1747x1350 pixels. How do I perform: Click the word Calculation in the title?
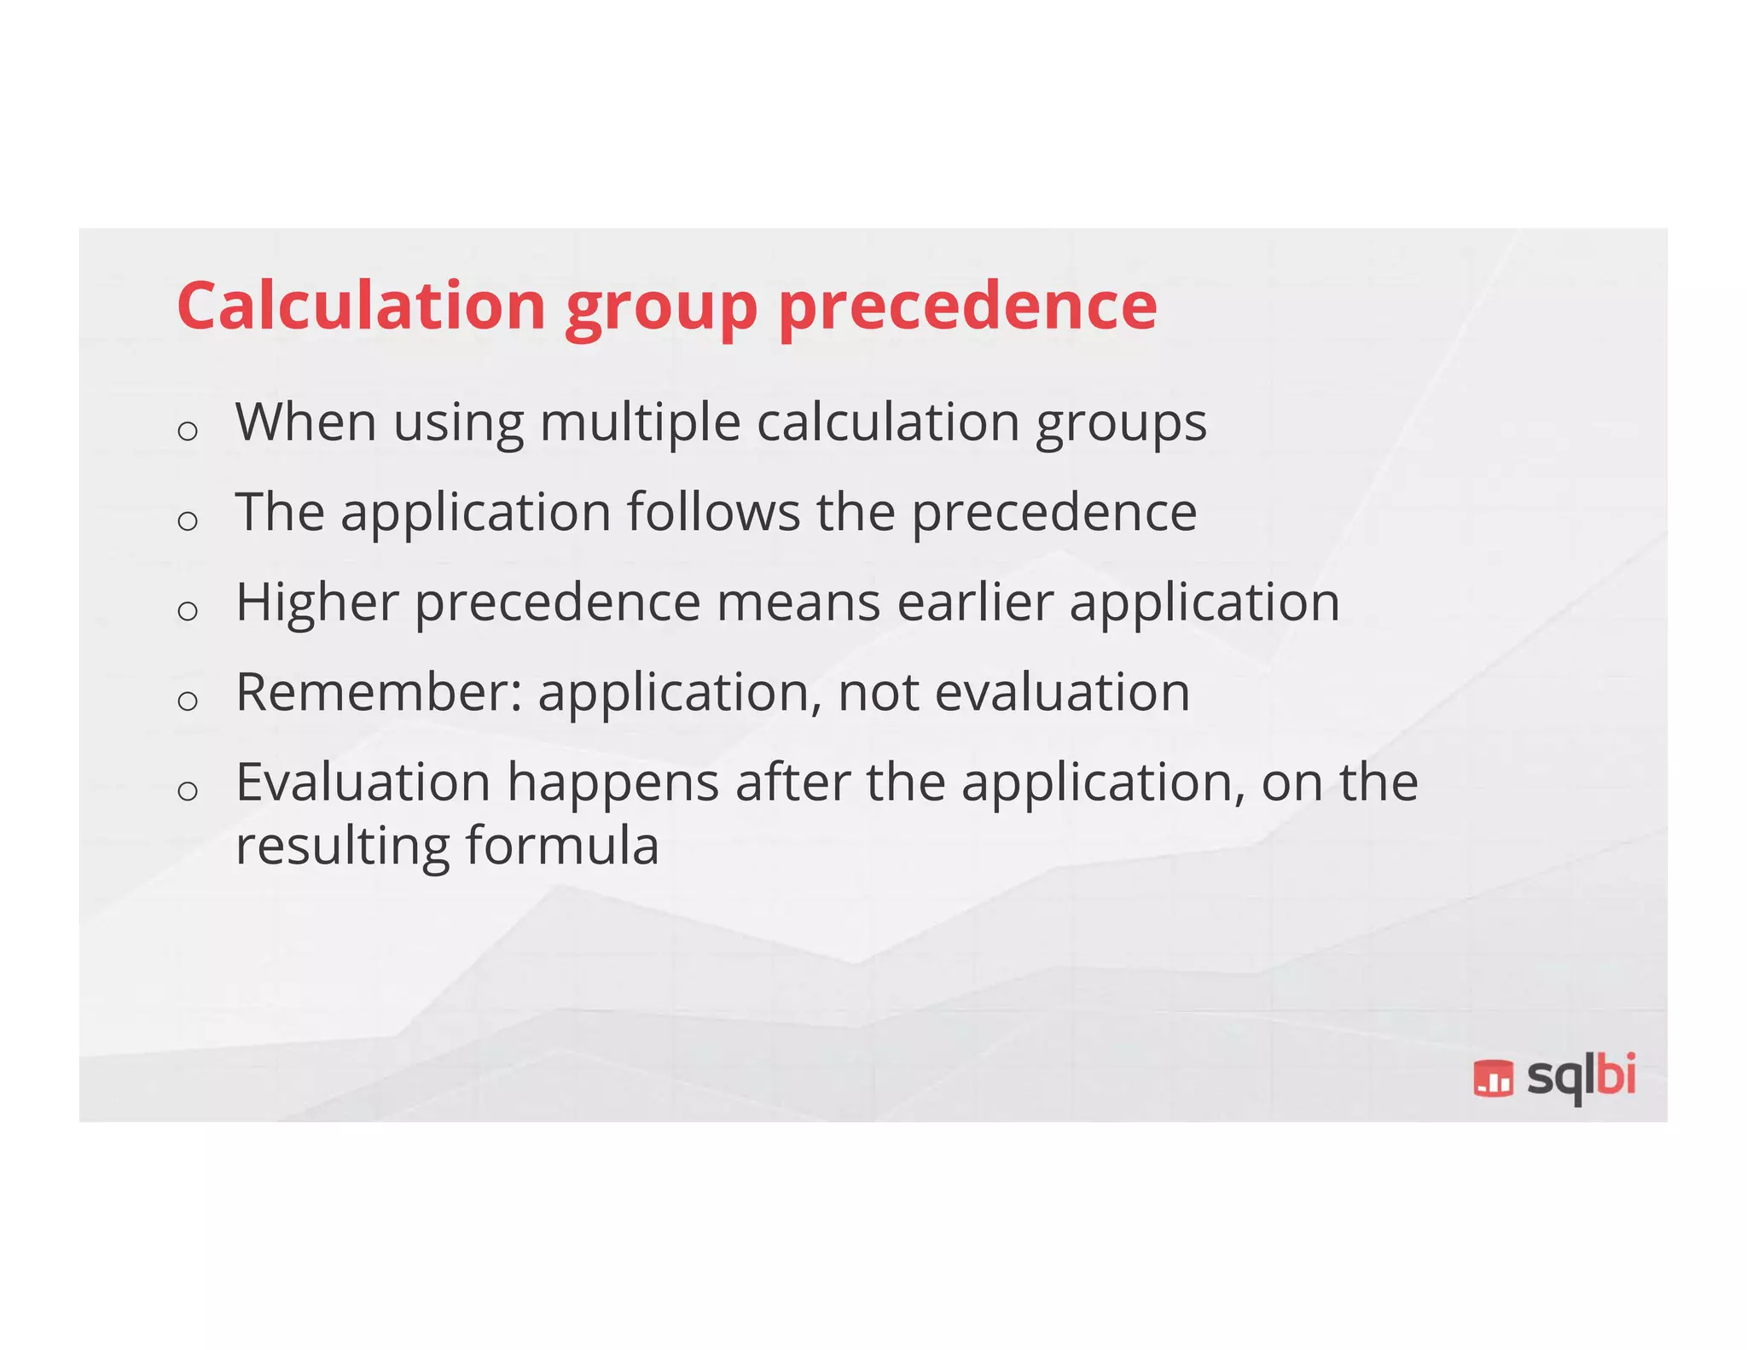(x=361, y=305)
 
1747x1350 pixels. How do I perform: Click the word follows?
(x=713, y=512)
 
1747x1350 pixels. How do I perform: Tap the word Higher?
(x=317, y=602)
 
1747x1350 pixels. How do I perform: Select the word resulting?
(x=343, y=847)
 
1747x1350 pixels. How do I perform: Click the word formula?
(x=562, y=846)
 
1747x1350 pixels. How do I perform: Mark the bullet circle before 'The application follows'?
(x=188, y=520)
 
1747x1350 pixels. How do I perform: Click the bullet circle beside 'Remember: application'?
(x=188, y=701)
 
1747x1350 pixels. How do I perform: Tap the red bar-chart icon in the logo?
(x=1494, y=1077)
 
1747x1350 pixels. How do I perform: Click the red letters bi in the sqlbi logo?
(x=1616, y=1074)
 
